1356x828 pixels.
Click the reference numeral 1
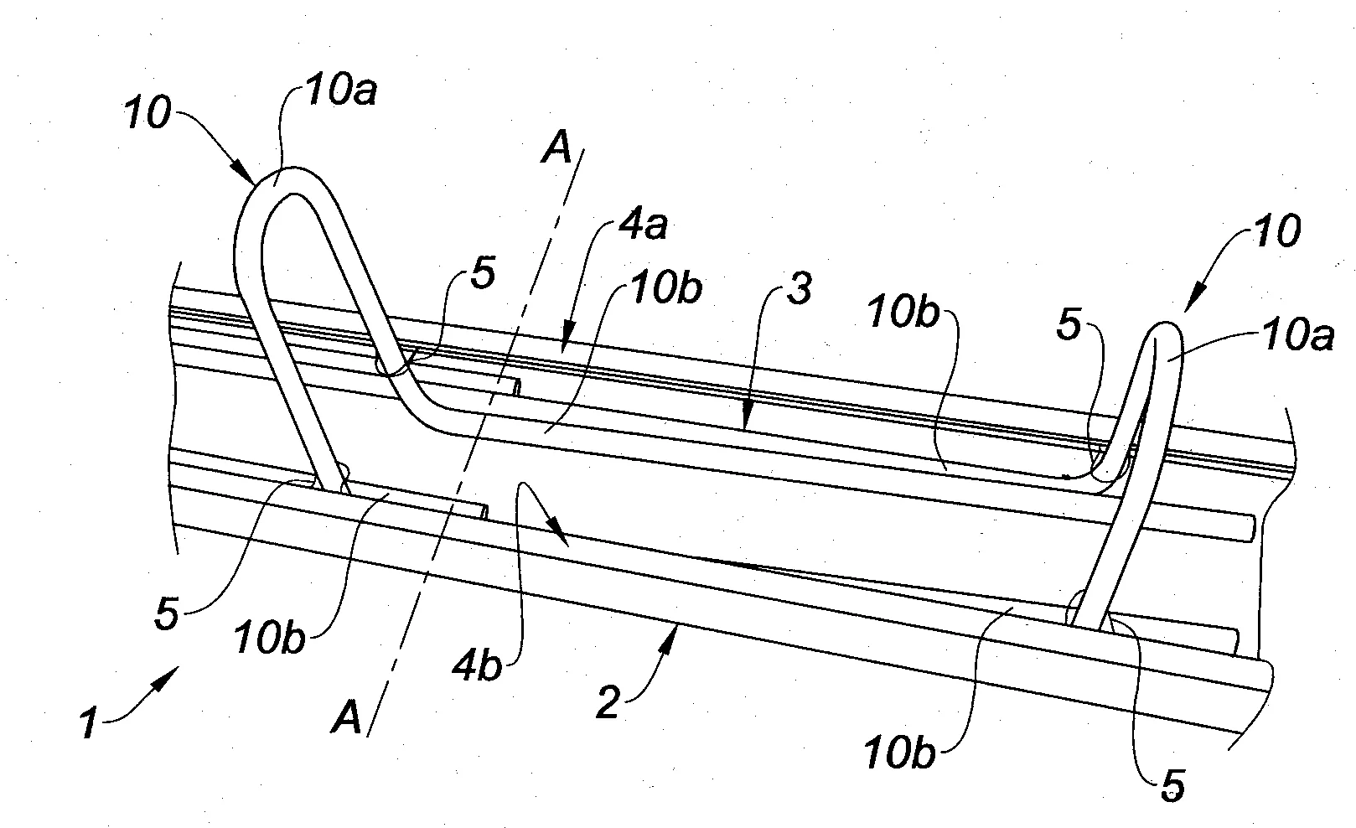89,724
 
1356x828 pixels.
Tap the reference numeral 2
608,702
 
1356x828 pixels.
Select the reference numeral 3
799,288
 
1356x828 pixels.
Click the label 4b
478,666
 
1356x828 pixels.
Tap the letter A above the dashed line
556,148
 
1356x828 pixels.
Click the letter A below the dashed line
346,717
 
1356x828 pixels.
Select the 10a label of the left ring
341,91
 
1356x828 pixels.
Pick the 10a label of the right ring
1298,335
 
